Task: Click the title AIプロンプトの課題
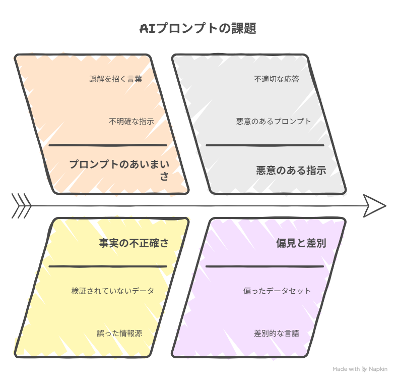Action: click(197, 28)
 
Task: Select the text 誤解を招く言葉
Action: click(115, 79)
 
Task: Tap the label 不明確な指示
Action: click(131, 121)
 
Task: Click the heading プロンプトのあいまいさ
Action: click(119, 170)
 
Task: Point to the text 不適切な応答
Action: click(277, 79)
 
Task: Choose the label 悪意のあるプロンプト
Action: click(274, 121)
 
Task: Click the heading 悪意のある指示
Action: click(291, 170)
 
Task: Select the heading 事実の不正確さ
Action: click(134, 243)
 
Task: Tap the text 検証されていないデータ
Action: click(113, 291)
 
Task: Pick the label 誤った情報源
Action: click(119, 333)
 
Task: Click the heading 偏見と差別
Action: click(301, 243)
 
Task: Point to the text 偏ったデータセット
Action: click(277, 291)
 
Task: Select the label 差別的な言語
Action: click(277, 333)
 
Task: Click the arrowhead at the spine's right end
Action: click(374, 206)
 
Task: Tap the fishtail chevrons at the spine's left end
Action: click(21, 206)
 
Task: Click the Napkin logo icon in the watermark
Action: click(364, 369)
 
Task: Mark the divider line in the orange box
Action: click(108, 145)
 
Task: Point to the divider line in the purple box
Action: click(264, 266)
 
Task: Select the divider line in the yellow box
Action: click(108, 266)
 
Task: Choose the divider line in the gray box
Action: click(265, 145)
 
